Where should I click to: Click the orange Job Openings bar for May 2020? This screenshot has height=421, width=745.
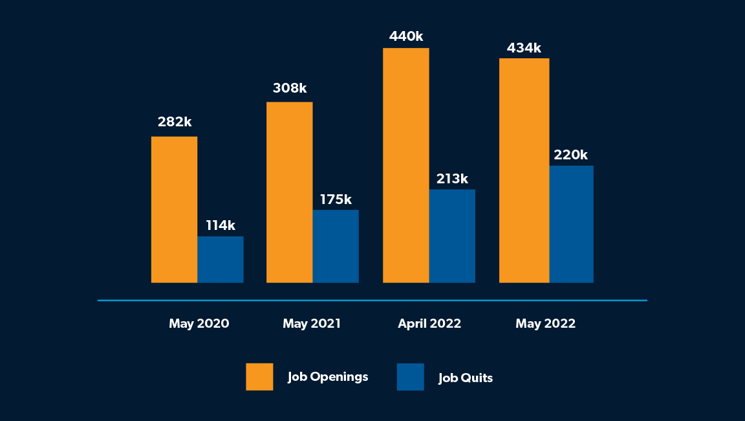pos(174,209)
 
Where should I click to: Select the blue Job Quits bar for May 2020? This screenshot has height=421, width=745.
pos(221,259)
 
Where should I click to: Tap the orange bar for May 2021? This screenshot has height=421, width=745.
pos(289,192)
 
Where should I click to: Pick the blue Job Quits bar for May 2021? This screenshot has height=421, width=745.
pos(336,246)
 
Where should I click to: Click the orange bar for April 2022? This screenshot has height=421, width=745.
pos(405,165)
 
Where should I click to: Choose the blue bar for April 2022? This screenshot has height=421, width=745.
pos(452,236)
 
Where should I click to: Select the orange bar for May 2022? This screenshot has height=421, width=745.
pos(524,170)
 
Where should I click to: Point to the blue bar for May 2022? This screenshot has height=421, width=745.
pos(571,224)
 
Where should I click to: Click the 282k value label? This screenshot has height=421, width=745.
pos(175,122)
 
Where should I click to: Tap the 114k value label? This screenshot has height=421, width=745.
pos(221,225)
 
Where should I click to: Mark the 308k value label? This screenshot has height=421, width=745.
pos(290,88)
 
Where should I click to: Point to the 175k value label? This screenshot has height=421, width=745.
pos(336,199)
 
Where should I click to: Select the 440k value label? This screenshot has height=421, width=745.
pos(406,36)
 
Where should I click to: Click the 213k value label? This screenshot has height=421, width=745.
pos(452,179)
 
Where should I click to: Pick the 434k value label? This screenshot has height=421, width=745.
pos(524,48)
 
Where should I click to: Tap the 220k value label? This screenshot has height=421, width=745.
pos(571,155)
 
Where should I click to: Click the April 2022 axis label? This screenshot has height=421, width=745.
pos(429,324)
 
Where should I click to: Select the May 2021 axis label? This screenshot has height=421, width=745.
pos(312,324)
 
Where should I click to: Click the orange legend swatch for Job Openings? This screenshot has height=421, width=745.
pos(259,377)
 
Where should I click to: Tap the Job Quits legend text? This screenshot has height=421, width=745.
pos(466,378)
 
